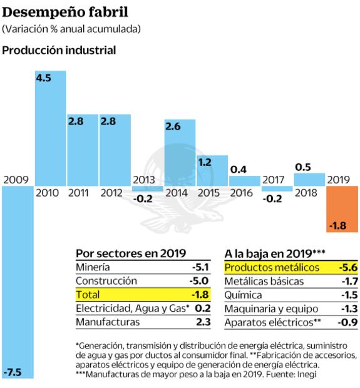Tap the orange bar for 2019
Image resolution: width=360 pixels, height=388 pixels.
(x=342, y=209)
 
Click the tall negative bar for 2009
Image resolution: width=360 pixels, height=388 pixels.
(x=16, y=282)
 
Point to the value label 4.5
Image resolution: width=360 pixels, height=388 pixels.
(x=44, y=78)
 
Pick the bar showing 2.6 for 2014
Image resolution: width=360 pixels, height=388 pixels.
(x=180, y=150)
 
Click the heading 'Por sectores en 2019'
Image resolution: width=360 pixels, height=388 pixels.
(x=131, y=253)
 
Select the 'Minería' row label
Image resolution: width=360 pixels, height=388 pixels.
(x=95, y=267)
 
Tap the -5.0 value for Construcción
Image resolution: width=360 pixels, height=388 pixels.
(x=197, y=281)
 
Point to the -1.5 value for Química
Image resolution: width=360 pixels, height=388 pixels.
(x=344, y=295)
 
